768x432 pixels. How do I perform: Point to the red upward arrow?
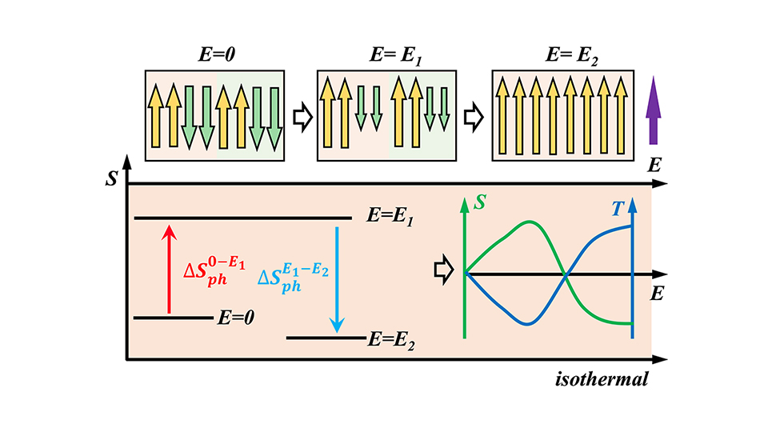(x=168, y=268)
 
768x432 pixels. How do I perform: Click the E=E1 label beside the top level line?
(x=388, y=217)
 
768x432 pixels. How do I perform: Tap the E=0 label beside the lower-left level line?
(x=236, y=318)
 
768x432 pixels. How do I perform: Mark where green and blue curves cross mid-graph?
(x=566, y=275)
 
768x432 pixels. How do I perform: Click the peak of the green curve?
(x=528, y=222)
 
